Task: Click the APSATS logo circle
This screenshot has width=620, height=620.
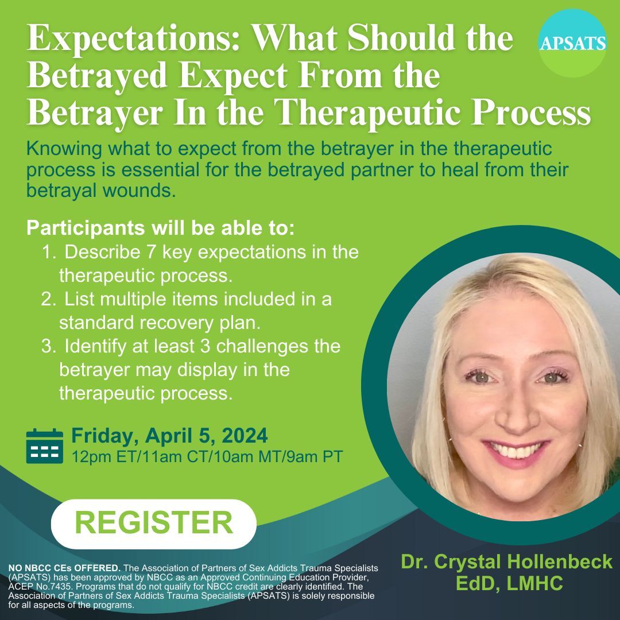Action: (572, 43)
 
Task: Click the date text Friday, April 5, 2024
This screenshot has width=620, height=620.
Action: (169, 436)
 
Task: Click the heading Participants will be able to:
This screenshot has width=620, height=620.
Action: (161, 227)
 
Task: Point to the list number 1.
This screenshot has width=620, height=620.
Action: (47, 253)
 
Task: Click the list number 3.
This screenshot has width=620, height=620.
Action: (47, 347)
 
